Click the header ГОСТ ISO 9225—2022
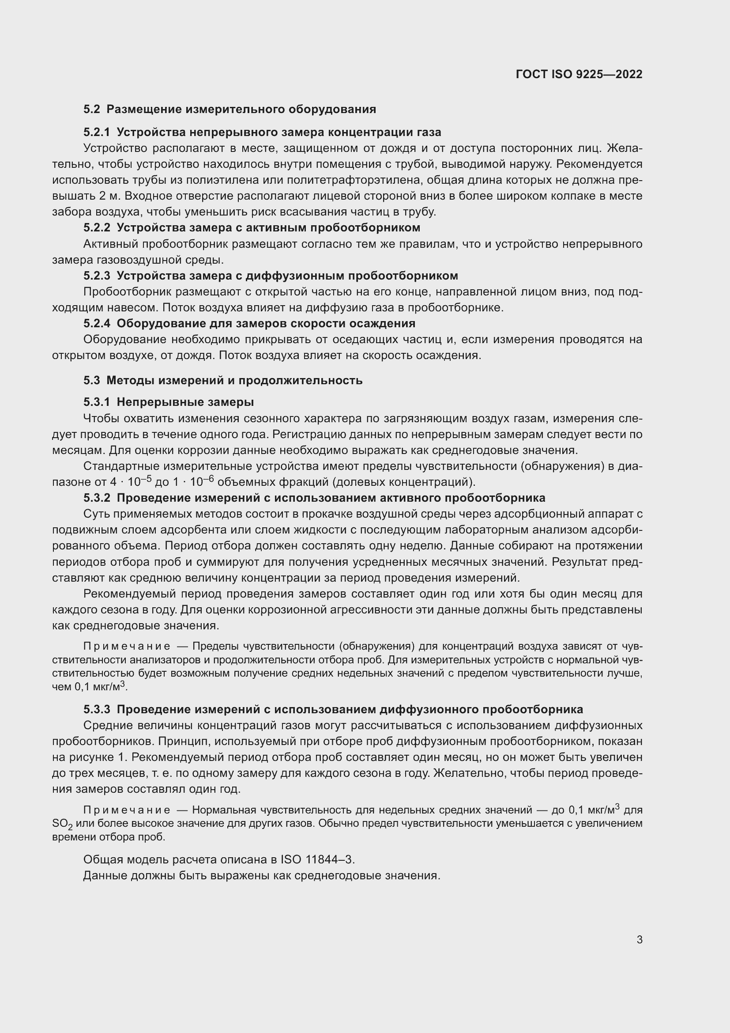point(579,74)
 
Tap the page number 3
point(639,939)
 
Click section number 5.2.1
point(96,132)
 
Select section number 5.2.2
point(96,227)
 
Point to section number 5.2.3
point(96,276)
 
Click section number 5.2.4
point(96,323)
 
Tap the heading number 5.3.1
point(96,402)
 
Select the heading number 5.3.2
point(96,498)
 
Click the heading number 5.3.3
point(96,710)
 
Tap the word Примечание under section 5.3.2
point(127,647)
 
